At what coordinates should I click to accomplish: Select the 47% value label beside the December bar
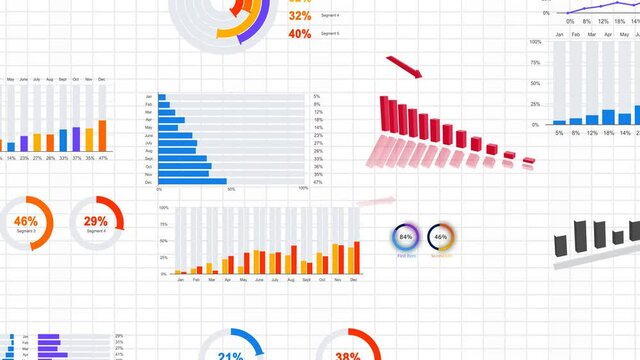pyautogui.click(x=318, y=182)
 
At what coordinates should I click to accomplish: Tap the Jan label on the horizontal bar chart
pyautogui.click(x=149, y=97)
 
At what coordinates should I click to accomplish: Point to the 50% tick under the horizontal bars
pyautogui.click(x=232, y=189)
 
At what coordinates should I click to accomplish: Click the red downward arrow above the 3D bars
pyautogui.click(x=405, y=69)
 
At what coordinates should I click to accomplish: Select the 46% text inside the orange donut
pyautogui.click(x=26, y=221)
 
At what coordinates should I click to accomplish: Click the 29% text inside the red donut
pyautogui.click(x=96, y=221)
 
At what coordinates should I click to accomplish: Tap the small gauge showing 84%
pyautogui.click(x=406, y=238)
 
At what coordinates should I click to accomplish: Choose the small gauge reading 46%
pyautogui.click(x=441, y=238)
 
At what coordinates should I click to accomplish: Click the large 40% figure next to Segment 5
pyautogui.click(x=299, y=34)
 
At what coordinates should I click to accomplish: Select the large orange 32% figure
pyautogui.click(x=299, y=16)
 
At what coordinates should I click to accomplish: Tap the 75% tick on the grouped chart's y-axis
pyautogui.click(x=164, y=224)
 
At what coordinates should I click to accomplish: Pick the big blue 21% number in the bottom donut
pyautogui.click(x=231, y=355)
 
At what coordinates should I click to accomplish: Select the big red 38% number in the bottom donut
pyautogui.click(x=348, y=355)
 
